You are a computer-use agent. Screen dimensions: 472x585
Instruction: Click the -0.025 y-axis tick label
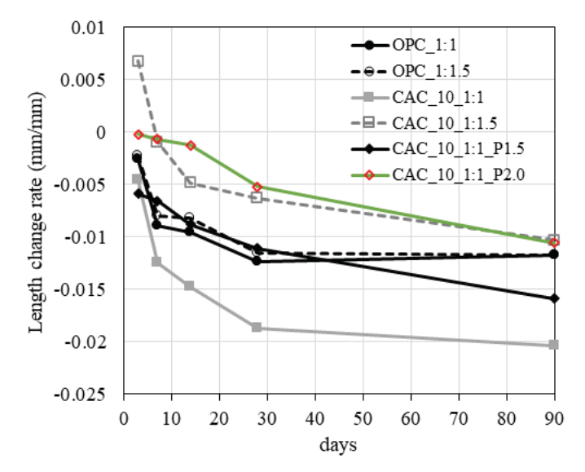click(x=92, y=395)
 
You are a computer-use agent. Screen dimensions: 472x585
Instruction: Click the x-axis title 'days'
click(x=339, y=446)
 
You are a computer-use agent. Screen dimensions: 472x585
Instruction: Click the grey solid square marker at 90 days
click(x=554, y=345)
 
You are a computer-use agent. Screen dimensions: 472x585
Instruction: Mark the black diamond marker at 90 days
click(x=554, y=298)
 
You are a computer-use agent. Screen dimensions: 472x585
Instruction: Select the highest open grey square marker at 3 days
click(x=139, y=61)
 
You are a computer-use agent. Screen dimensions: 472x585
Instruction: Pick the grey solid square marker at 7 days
click(x=156, y=262)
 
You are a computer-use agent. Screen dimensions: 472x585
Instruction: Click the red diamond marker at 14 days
click(x=191, y=145)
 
